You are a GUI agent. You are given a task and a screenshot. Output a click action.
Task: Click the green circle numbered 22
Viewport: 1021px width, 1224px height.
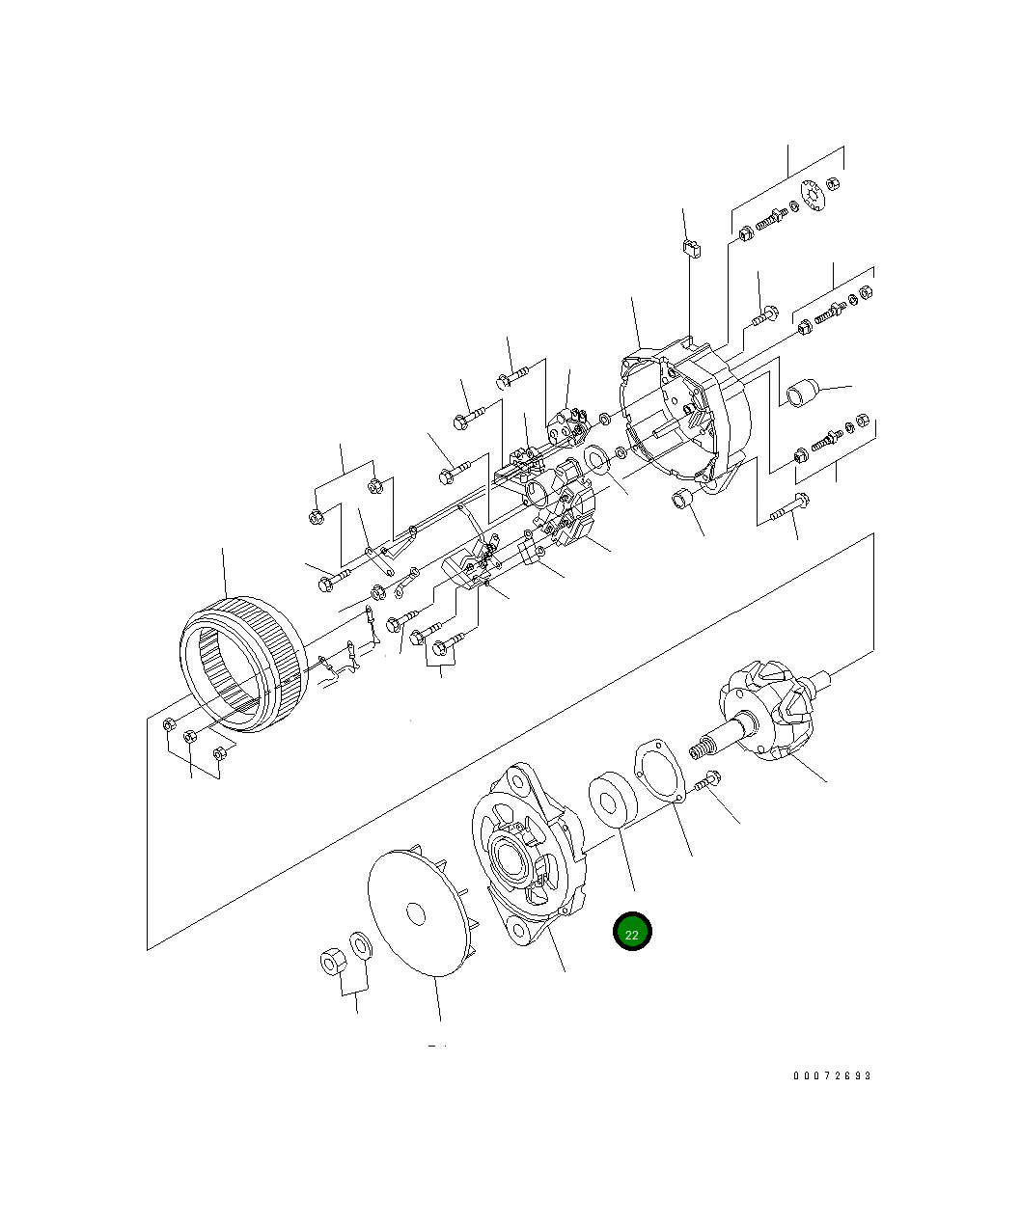(x=632, y=932)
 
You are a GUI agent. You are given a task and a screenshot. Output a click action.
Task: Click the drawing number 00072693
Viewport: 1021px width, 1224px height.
(x=832, y=1075)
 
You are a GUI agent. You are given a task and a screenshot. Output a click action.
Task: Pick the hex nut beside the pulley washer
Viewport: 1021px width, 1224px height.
(x=332, y=962)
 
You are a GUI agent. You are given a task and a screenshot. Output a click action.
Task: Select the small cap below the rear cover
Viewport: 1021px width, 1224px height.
(x=684, y=501)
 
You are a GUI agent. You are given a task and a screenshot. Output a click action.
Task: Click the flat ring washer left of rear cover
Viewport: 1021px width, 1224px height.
(x=597, y=459)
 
